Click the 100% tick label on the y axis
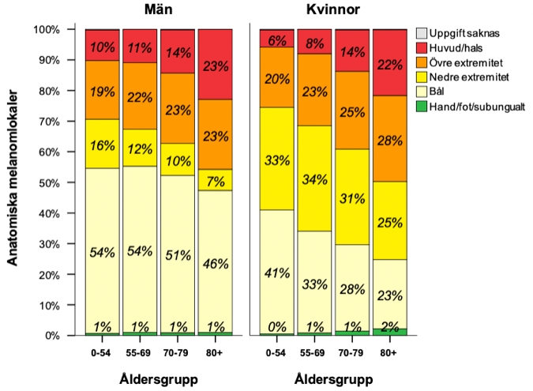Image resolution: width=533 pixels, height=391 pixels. [46, 29]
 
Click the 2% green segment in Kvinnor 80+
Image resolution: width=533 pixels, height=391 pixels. [389, 332]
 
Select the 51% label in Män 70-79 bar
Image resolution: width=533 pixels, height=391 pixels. [178, 255]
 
